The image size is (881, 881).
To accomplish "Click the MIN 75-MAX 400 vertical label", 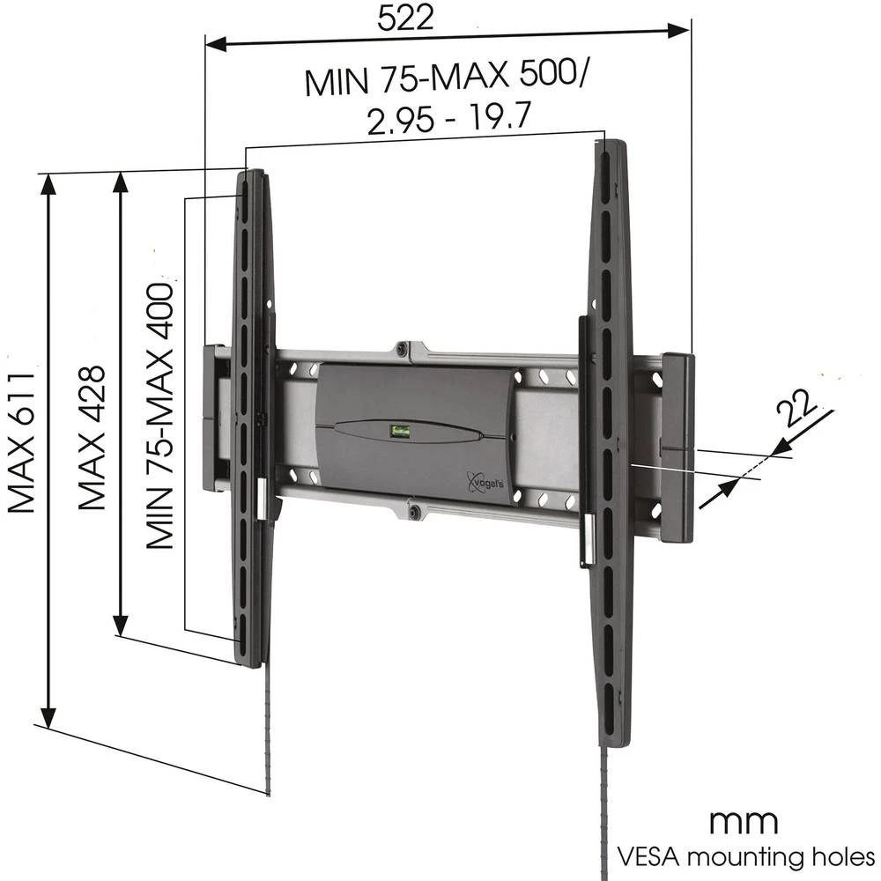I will coord(160,415).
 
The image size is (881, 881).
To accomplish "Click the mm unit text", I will coord(744,822).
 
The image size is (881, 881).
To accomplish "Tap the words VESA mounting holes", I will coord(744,856).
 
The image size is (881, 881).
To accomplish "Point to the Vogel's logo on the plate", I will coord(485,484).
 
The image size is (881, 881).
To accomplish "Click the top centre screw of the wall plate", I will coord(402,349).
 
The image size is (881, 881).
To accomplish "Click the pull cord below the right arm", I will coord(606,811).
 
